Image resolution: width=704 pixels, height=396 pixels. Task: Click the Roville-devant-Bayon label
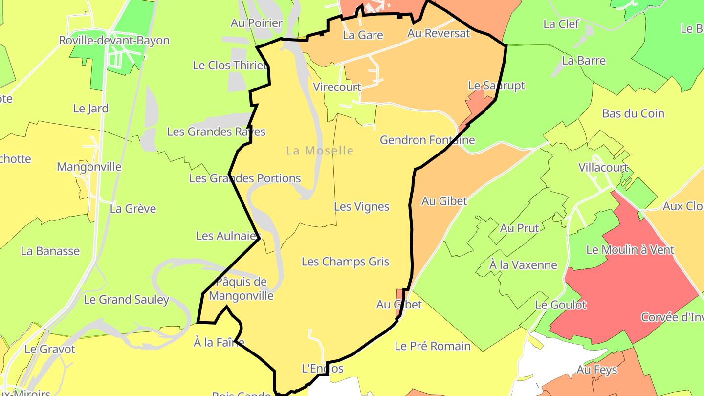coord(114,41)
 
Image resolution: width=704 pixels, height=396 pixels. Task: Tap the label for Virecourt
coord(337,88)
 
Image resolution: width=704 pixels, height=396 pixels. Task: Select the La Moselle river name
coord(320,151)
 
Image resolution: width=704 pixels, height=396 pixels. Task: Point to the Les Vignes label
coord(362,207)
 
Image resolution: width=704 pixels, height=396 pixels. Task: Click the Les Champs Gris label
coord(346,262)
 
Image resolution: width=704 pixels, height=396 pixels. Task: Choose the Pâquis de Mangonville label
coord(241,288)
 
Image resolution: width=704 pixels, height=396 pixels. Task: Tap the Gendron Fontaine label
coord(427,140)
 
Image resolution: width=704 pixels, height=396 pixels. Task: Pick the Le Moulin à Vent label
coord(630,250)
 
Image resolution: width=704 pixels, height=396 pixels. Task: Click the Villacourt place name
coord(603,168)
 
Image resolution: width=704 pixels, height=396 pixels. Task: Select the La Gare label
coord(363,35)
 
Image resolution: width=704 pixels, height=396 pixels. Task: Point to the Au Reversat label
coord(439,33)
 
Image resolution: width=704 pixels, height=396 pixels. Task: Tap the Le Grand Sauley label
coord(126,300)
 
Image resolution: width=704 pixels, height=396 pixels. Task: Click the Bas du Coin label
coord(633,113)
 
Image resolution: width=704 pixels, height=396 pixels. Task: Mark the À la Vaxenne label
coord(523,265)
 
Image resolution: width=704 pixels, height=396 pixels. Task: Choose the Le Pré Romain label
coord(433,346)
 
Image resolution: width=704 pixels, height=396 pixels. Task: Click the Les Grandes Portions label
coord(245,178)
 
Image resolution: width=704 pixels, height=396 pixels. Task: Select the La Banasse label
coord(50,251)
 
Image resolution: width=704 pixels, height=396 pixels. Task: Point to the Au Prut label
coord(519,228)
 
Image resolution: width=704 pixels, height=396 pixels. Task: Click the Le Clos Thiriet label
coord(230,66)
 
